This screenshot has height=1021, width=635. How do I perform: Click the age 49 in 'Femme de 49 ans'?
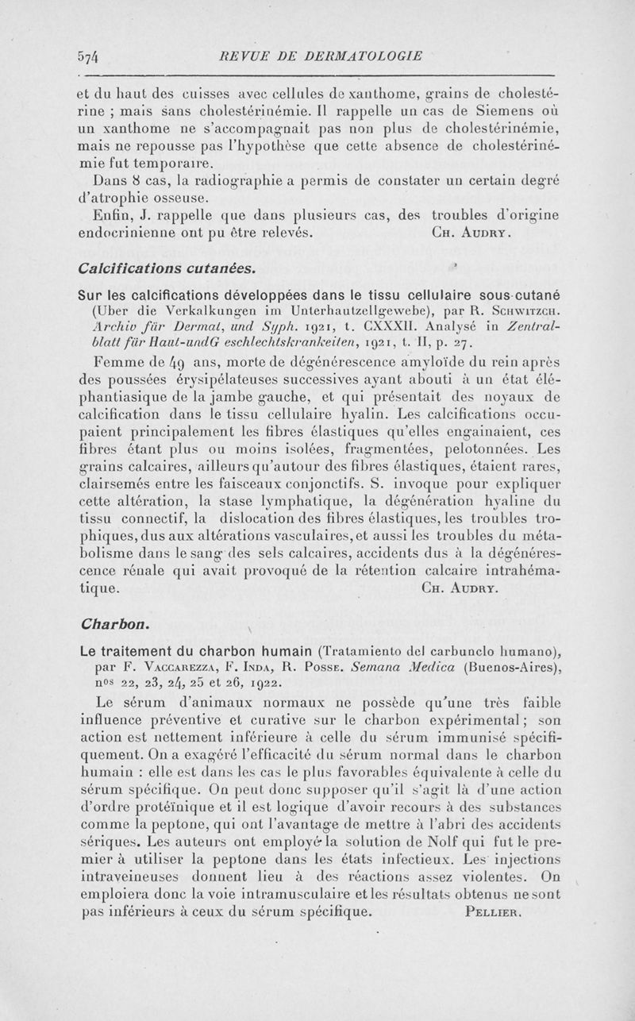tap(181, 362)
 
